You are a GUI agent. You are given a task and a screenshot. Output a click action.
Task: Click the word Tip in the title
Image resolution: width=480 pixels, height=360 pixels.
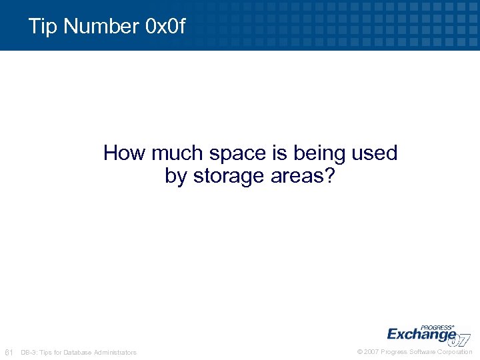[x=42, y=27]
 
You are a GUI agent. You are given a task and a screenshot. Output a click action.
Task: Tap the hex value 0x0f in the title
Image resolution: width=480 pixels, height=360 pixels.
[x=164, y=27]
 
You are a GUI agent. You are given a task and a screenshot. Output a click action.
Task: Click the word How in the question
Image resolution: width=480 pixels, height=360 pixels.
[x=125, y=153]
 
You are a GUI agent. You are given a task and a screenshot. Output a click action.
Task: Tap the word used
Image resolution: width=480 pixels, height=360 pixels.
[x=374, y=153]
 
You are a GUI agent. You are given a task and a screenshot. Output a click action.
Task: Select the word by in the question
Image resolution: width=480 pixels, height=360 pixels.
[x=176, y=177]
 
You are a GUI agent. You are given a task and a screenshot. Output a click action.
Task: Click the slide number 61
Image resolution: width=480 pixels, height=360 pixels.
[x=9, y=352]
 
